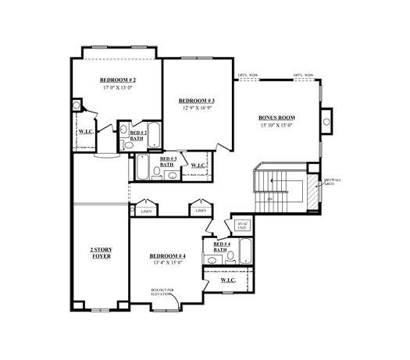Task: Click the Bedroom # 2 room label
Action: point(118,80)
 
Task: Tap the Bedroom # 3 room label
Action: point(197,101)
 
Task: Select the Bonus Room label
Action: point(276,118)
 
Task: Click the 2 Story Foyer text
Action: point(101,255)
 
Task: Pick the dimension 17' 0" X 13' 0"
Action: point(118,88)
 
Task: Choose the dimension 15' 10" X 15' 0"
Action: point(276,126)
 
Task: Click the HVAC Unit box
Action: point(241,226)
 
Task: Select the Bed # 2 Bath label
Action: point(137,136)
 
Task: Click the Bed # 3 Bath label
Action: point(167,162)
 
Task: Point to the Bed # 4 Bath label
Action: point(220,248)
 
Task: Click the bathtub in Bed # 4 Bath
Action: point(244,252)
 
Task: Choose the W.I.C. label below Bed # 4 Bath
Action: point(229,280)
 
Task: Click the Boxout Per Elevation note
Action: point(163,292)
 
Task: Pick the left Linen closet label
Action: point(146,211)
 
